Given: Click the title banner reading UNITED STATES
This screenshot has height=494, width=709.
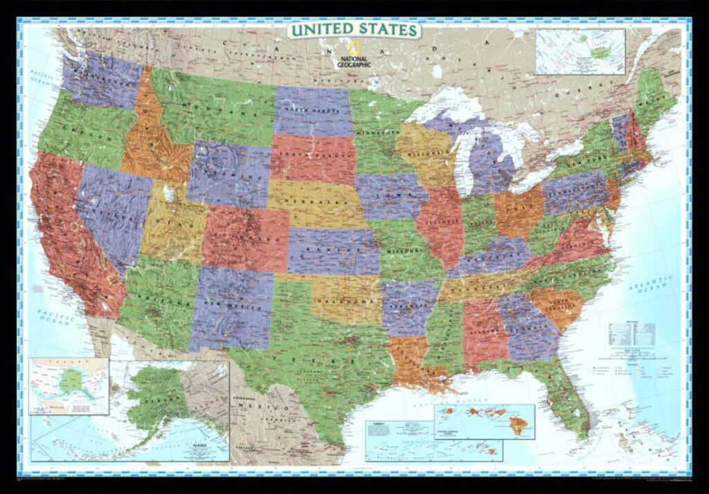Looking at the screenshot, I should [354, 30].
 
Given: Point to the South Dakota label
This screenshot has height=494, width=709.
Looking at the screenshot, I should [312, 158].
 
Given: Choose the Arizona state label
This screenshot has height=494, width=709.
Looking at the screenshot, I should [157, 300].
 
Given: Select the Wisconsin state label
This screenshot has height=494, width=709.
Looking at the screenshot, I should [423, 153].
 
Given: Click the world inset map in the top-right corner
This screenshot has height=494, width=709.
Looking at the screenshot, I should [580, 51].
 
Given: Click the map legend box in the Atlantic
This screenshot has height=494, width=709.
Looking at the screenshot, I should [631, 335].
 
